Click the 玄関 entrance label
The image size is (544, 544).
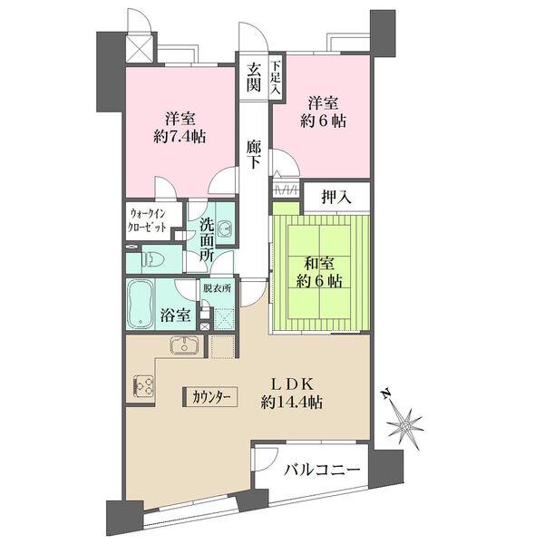point(254,78)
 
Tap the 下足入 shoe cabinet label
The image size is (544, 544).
point(276,77)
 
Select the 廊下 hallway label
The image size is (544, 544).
point(254,154)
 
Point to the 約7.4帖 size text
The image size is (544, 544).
point(180,137)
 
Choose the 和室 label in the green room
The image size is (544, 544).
point(319,265)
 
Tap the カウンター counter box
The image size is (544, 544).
point(210,396)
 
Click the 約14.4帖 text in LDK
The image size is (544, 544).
point(292,403)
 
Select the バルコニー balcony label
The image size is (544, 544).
point(322,471)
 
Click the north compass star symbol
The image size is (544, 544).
point(404,425)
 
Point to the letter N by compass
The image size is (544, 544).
point(385,394)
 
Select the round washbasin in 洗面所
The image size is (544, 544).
point(225,228)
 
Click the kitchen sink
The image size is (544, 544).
point(184,345)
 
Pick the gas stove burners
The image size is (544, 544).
point(143,386)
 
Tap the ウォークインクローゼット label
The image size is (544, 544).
point(147,220)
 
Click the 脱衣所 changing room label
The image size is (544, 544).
point(217,288)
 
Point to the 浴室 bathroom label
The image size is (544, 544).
point(176,315)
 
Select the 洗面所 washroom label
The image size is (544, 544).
point(207,240)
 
